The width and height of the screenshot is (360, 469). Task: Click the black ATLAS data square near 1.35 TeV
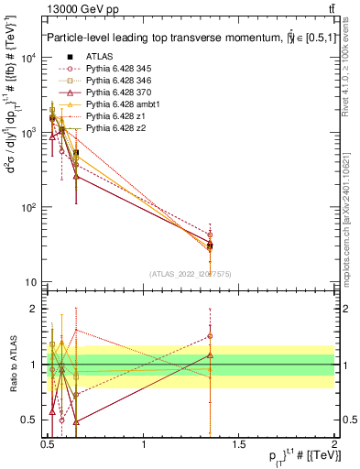click(x=211, y=245)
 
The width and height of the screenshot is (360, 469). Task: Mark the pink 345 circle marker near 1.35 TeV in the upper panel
click(x=211, y=234)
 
